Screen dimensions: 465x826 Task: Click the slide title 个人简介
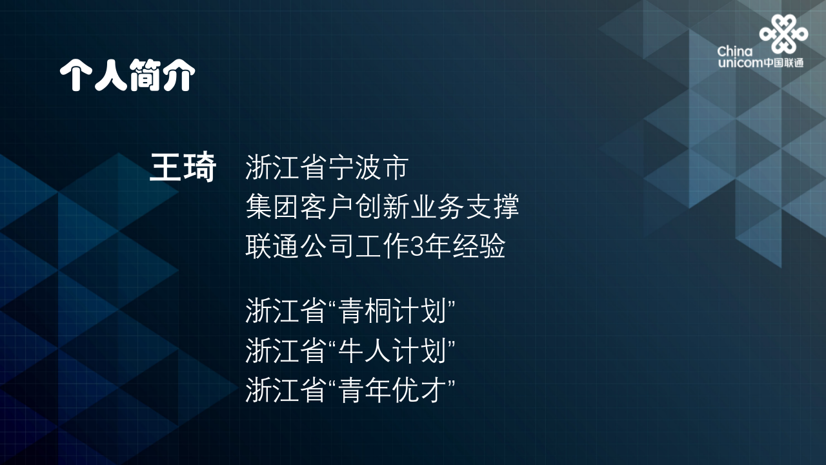point(127,76)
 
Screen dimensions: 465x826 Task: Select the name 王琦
point(183,168)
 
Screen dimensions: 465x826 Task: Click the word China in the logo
point(734,52)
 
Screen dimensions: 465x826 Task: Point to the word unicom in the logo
point(740,63)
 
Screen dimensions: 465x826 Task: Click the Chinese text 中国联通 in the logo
point(785,63)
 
